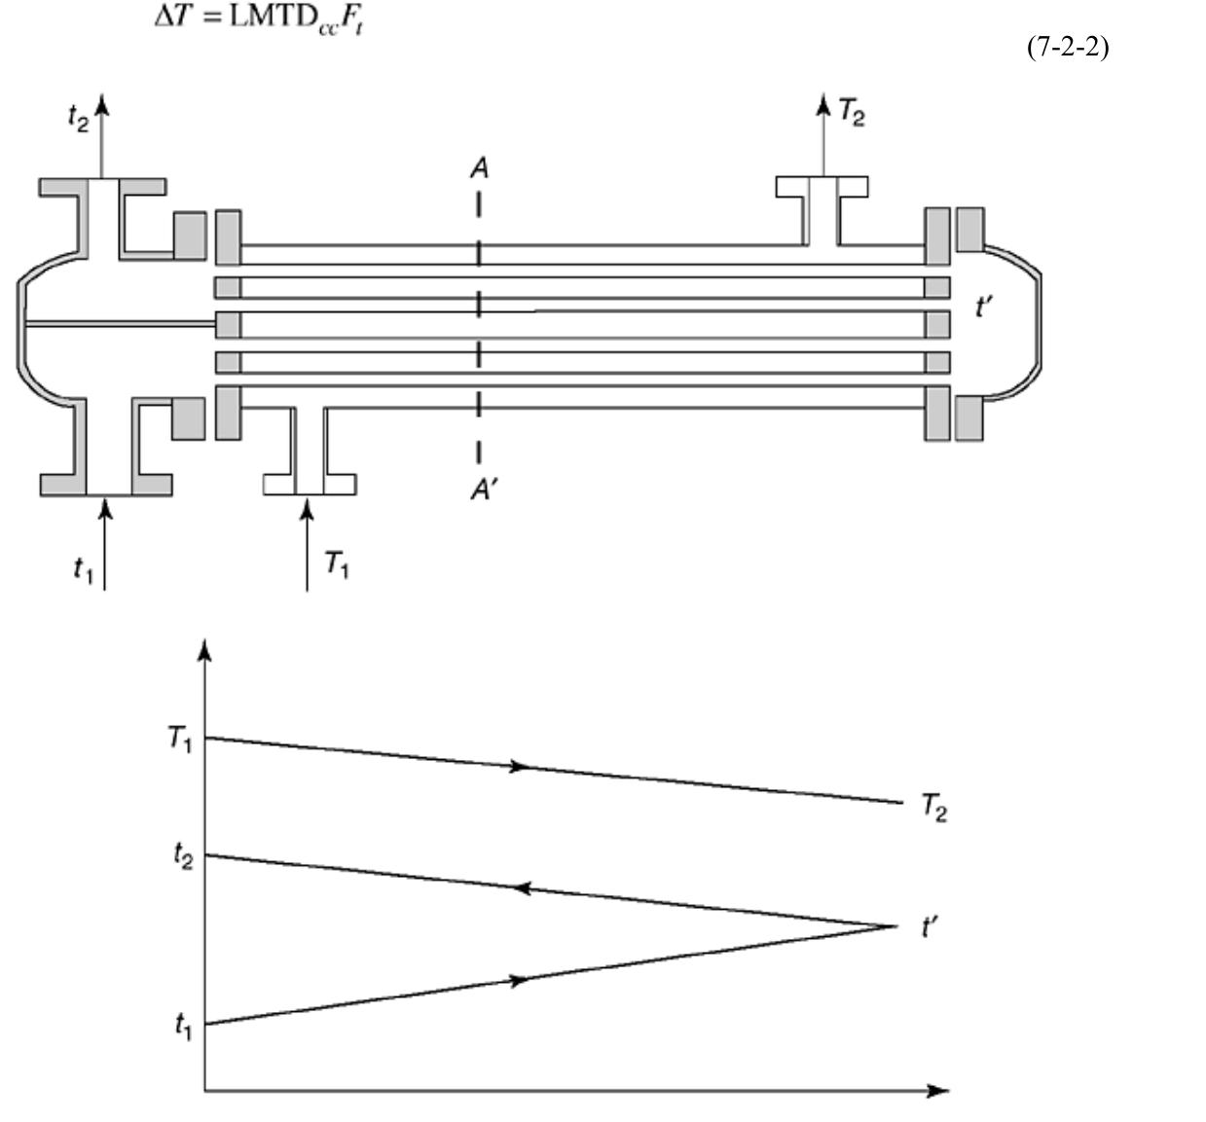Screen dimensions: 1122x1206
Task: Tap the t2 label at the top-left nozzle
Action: [x=77, y=117]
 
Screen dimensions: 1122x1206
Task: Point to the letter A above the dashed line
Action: [x=478, y=169]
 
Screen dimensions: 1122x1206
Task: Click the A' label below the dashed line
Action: [x=482, y=490]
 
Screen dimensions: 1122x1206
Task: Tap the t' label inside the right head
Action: [x=984, y=308]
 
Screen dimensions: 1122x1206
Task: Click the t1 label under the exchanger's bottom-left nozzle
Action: [x=83, y=569]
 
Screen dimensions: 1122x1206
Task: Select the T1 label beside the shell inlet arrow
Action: [x=336, y=563]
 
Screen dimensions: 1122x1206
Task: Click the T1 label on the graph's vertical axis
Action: [x=179, y=740]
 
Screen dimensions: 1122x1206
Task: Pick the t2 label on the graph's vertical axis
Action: [x=182, y=854]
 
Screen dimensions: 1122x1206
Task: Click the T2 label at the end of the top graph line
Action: [x=932, y=808]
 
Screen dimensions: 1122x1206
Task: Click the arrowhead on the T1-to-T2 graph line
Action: [x=521, y=767]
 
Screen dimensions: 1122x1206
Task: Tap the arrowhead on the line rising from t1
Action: [x=521, y=980]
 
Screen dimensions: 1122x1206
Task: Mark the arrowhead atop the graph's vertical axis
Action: [x=204, y=650]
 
